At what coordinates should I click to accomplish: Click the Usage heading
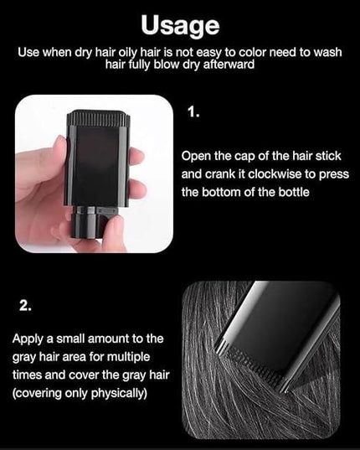(x=180, y=26)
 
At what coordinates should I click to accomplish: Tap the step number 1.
(x=193, y=111)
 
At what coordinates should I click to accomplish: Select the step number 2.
(x=25, y=306)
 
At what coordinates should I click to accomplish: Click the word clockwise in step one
(x=275, y=174)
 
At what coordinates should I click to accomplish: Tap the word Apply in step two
(x=28, y=339)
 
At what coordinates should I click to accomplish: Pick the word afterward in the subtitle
(x=229, y=65)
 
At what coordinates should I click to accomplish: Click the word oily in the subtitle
(x=128, y=53)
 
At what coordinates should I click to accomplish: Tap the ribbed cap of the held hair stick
(x=98, y=118)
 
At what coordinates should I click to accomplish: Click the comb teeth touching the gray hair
(x=252, y=364)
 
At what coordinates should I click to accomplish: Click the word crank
(x=221, y=174)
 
